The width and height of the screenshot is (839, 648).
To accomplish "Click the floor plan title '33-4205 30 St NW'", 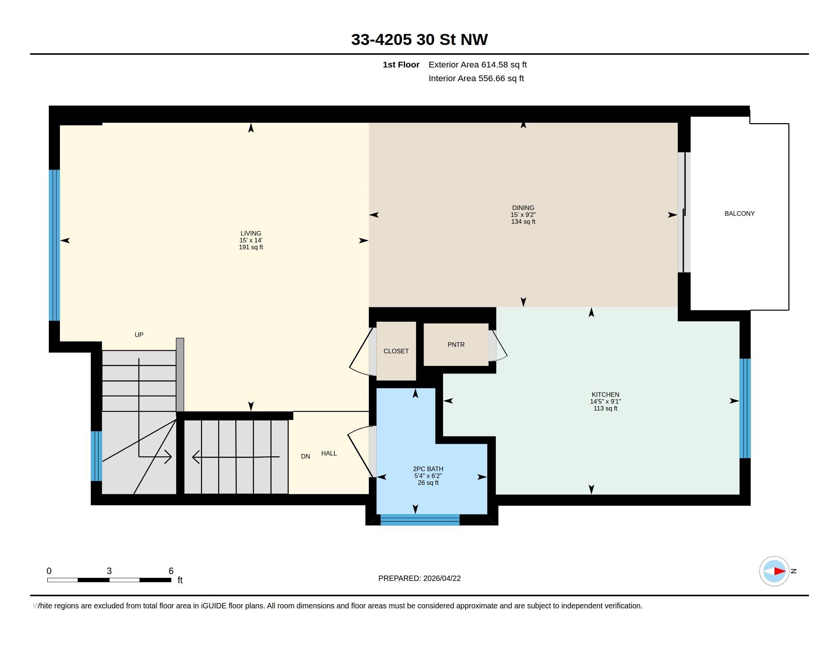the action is click(x=419, y=40).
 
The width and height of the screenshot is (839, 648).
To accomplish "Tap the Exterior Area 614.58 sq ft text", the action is click(x=477, y=64).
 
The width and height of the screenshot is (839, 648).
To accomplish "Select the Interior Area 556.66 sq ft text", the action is click(x=476, y=78).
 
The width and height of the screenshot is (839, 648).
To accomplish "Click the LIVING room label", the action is click(x=251, y=233).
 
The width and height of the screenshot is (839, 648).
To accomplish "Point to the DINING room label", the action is click(x=523, y=208).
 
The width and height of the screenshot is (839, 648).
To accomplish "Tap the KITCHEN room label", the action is click(x=606, y=394).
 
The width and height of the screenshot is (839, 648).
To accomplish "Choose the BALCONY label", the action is click(x=739, y=213).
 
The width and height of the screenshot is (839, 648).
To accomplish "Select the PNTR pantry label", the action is click(x=456, y=345).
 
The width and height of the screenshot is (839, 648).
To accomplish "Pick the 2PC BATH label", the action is click(x=428, y=469).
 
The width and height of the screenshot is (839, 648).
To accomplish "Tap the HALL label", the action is click(x=329, y=453).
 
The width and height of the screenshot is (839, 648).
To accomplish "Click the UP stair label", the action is click(x=139, y=335).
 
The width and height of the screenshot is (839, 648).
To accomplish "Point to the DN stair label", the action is click(x=305, y=456).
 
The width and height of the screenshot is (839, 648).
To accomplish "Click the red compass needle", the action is click(x=780, y=571).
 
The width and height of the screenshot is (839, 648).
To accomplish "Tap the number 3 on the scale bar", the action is click(x=109, y=571).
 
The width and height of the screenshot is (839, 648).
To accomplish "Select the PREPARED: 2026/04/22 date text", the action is click(x=419, y=578).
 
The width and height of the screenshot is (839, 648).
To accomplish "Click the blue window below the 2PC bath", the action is click(x=420, y=520).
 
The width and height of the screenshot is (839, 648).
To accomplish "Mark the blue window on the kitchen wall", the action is click(x=745, y=409).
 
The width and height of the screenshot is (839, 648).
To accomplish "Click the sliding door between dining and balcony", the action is click(x=684, y=212).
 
